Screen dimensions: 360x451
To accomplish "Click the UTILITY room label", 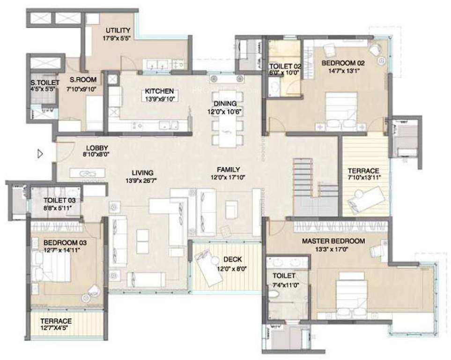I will click(118, 31).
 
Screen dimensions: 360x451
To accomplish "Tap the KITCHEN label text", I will click(159, 91).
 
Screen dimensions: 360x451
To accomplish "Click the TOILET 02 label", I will click(285, 66).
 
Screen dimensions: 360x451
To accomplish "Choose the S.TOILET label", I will click(42, 83).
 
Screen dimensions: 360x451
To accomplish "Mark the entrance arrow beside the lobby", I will click(41, 153).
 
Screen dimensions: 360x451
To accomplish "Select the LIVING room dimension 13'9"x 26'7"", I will click(142, 180).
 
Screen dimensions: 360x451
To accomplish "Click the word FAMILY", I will click(228, 169).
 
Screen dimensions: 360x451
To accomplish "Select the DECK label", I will click(232, 259).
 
